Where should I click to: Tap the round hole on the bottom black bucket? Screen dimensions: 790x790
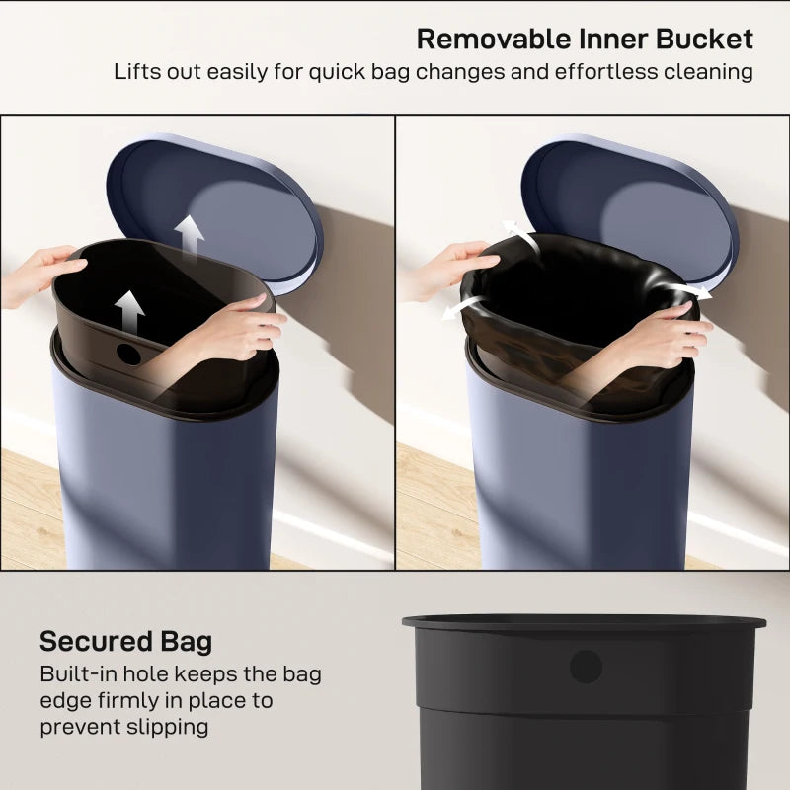coord(586,667)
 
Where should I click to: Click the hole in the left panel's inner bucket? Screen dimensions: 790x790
coord(129,352)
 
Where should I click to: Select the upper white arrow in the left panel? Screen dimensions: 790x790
coord(189,234)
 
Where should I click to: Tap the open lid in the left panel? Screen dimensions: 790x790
coord(217,207)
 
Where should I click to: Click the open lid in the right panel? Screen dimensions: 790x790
coord(632,207)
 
